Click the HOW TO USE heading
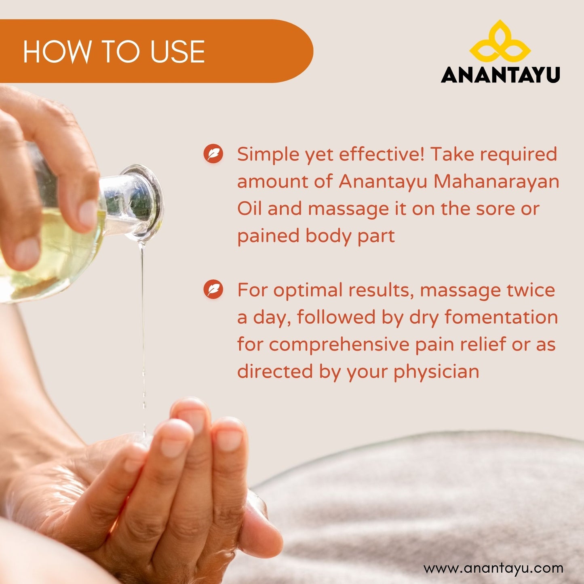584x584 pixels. point(114,52)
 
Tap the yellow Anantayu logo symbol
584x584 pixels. point(500,42)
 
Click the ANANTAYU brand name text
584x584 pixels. point(500,75)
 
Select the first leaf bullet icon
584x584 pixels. point(213,154)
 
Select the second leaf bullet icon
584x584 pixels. point(213,290)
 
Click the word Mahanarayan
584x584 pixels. point(496,181)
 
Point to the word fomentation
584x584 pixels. point(501,317)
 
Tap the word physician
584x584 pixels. point(436,372)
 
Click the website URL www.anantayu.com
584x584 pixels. point(493,568)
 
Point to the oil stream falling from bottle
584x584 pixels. point(142,323)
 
